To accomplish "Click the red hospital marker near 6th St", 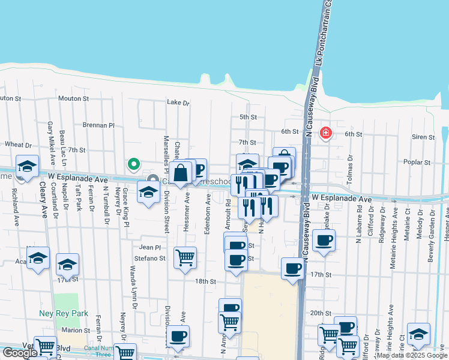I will [326, 132].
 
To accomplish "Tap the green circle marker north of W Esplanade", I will [134, 163].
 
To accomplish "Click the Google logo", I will [20, 353].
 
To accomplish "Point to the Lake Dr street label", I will [178, 103].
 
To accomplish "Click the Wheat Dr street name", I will [18, 145].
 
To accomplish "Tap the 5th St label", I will [248, 117].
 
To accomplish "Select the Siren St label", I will [423, 137].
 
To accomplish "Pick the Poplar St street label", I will [418, 163].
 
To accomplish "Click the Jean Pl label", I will [150, 247].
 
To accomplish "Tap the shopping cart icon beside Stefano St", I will [185, 258].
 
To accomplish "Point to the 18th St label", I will [205, 281].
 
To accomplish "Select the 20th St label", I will [321, 313].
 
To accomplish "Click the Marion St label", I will [75, 330].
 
